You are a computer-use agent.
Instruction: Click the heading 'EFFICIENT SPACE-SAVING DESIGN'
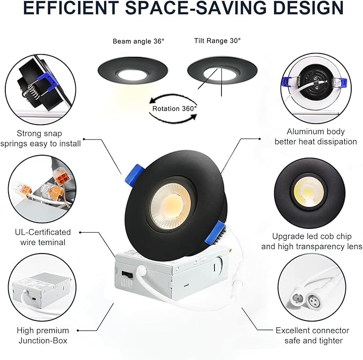(x=181, y=9)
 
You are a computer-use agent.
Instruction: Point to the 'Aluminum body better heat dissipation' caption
(x=315, y=136)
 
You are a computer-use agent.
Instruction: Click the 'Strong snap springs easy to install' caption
(x=41, y=138)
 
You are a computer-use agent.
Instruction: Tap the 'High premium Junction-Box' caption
(x=43, y=335)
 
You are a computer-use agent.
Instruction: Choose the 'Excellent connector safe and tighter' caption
(x=312, y=335)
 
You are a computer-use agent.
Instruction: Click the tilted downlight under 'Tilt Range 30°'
(x=222, y=71)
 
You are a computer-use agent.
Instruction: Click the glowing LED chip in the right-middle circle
(x=308, y=190)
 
